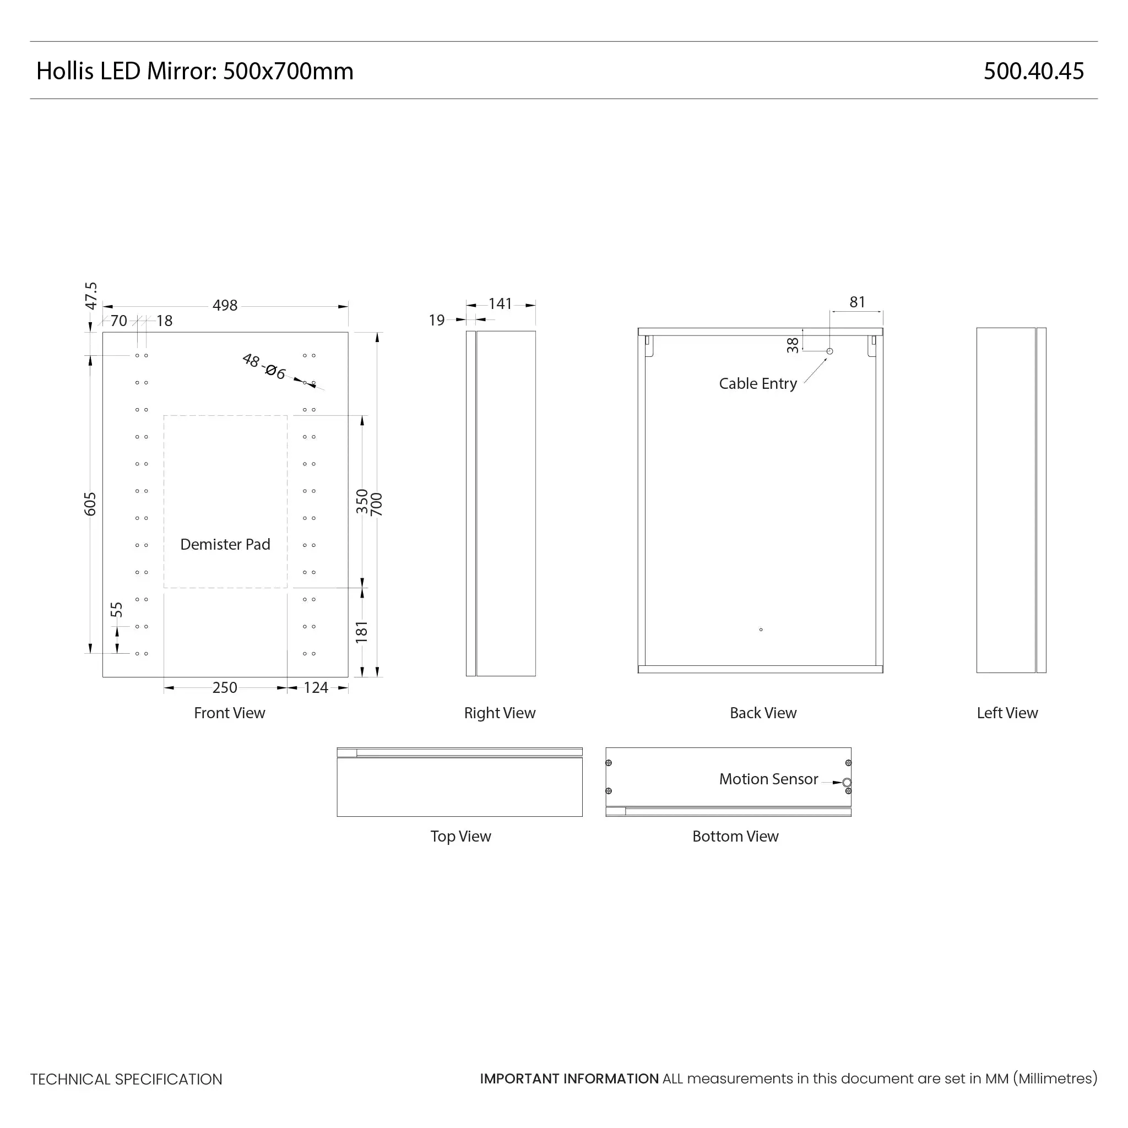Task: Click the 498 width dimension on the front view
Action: click(225, 305)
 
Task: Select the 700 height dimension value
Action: click(377, 505)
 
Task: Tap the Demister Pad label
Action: click(225, 544)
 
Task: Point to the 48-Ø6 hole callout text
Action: click(264, 367)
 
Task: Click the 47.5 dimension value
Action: click(91, 295)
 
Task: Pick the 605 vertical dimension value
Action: click(90, 505)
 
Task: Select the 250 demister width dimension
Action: click(225, 687)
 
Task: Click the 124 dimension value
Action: click(316, 687)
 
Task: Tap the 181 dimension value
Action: click(362, 632)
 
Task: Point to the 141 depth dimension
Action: click(500, 303)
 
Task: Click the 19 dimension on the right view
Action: click(437, 320)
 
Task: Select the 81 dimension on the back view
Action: click(857, 302)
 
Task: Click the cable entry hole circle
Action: click(829, 351)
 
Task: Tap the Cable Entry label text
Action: click(758, 383)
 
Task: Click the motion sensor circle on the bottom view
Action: click(847, 782)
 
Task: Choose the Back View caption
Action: click(763, 713)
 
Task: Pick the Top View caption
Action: click(460, 836)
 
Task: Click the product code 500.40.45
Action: click(1033, 71)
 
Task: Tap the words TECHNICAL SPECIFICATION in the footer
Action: click(126, 1079)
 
